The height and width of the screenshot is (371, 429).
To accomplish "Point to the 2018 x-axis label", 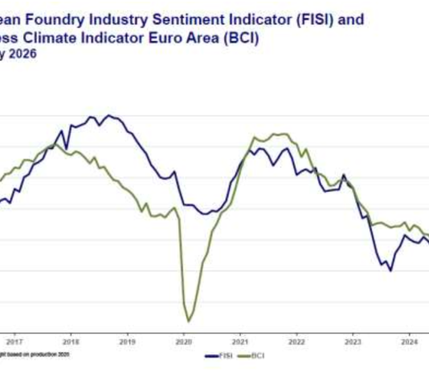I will click(71, 340).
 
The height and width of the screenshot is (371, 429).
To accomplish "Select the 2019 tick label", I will click(127, 340).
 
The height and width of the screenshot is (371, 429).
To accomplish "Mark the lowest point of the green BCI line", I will click(190, 321).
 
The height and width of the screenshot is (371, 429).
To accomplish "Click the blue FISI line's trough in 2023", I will click(390, 271).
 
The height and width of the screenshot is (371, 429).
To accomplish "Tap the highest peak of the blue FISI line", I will click(109, 116).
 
